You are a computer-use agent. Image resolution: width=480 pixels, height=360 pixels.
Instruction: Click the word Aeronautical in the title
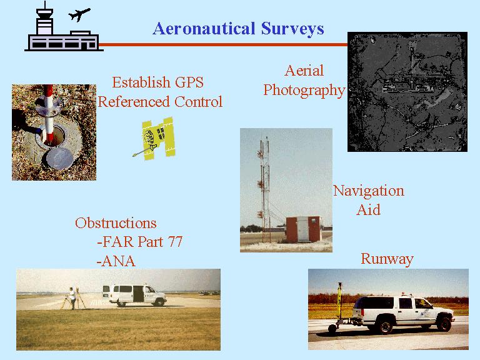(x=204, y=29)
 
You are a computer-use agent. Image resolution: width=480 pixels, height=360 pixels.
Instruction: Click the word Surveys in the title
(x=292, y=29)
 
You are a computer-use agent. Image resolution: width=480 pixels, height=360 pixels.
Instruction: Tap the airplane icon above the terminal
(x=79, y=14)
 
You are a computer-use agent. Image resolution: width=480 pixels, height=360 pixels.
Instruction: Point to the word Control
(x=198, y=102)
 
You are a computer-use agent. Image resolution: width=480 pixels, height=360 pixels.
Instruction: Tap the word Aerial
(x=304, y=71)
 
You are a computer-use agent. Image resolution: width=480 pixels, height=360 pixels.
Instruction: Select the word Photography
(x=304, y=91)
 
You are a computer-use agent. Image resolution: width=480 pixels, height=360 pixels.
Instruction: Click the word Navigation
(x=369, y=191)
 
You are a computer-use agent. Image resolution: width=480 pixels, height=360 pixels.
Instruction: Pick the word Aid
(x=369, y=210)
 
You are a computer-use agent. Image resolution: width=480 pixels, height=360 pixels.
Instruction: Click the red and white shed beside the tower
(x=304, y=229)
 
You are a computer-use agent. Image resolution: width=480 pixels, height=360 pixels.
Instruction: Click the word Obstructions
(x=116, y=223)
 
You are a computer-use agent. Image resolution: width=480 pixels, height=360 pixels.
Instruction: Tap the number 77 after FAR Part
(x=175, y=242)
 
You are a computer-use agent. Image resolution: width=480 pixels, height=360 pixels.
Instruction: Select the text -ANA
(x=116, y=261)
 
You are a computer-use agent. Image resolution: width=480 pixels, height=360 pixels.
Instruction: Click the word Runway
(x=387, y=259)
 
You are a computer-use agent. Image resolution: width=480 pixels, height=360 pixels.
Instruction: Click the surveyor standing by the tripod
(x=72, y=298)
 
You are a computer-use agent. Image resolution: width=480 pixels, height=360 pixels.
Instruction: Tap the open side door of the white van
(x=138, y=294)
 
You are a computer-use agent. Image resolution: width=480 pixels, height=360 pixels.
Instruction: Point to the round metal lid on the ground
(x=60, y=159)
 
